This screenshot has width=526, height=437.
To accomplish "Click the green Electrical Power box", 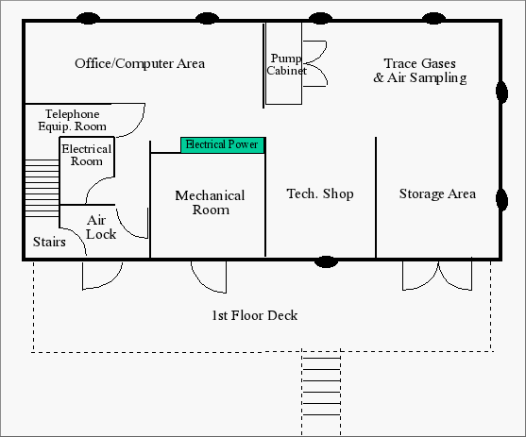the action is point(223,145).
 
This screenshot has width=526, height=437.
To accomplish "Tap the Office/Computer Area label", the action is point(140,63).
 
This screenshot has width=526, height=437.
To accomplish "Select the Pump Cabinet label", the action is point(286,64).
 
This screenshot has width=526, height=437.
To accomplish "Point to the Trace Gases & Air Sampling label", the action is point(420,71).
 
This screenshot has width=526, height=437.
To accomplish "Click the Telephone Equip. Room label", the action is point(72,120).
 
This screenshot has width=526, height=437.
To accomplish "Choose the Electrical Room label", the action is point(87,155).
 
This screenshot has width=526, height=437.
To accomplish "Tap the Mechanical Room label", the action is point(210,203).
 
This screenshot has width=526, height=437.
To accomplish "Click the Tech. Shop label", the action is point(320,193).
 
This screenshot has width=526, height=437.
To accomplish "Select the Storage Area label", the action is point(437,193).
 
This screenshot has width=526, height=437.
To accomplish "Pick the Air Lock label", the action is point(101,227).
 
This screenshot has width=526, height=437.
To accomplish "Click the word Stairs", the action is point(49,242).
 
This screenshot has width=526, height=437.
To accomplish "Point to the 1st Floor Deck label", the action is point(255,315).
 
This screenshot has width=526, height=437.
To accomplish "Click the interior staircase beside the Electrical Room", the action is point(42,188).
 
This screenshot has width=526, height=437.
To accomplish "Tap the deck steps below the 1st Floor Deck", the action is point(321,393).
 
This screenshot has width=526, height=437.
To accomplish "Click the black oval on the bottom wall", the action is point(326,261).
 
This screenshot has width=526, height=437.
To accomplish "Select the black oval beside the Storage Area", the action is point(501,200).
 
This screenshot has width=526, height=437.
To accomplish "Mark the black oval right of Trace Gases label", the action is point(501,92).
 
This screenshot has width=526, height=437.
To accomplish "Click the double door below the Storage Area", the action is point(437,276).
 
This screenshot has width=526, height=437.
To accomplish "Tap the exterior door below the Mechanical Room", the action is point(209,277).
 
